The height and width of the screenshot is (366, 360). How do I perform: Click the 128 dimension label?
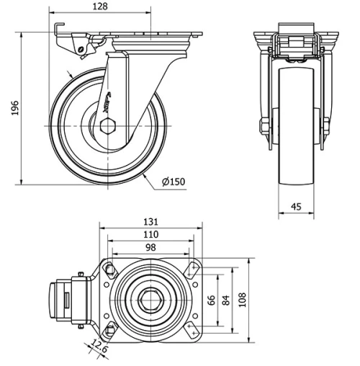(100, 6)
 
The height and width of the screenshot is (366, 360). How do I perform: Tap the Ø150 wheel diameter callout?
(174, 182)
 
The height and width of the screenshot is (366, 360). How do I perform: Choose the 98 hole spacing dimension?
(151, 248)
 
